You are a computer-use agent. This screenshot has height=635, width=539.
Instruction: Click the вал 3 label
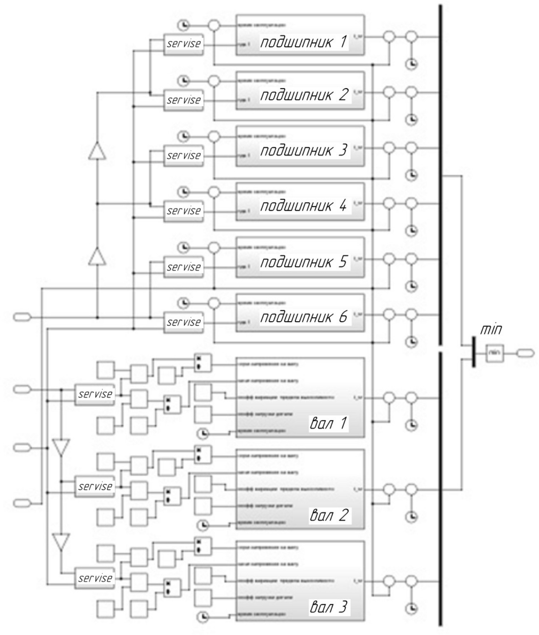[328, 607]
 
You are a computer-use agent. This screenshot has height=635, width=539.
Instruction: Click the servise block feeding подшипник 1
[184, 44]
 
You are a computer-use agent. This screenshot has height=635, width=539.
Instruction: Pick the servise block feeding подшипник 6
[184, 322]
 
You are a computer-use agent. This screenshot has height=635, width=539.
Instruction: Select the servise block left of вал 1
[95, 395]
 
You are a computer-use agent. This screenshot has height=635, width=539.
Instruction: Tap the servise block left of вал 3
[95, 578]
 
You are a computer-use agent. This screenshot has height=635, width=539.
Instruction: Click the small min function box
[495, 353]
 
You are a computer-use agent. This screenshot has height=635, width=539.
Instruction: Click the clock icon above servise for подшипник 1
[184, 25]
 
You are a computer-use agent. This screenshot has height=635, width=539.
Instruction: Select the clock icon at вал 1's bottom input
[203, 433]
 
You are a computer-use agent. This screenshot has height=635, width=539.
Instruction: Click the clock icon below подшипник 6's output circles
[412, 342]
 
